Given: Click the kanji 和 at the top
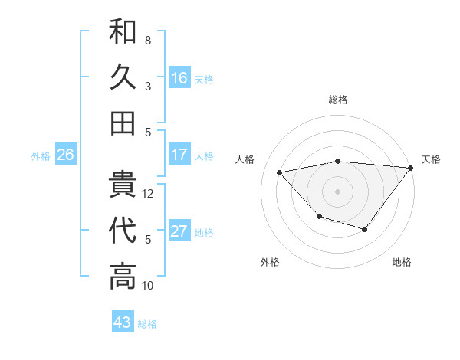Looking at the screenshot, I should (123, 32).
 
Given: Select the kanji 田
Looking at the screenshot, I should (123, 123).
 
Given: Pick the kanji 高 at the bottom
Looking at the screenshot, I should (123, 277).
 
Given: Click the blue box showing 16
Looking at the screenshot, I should (179, 78).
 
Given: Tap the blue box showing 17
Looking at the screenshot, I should (179, 155).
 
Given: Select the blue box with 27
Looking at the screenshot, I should (179, 231).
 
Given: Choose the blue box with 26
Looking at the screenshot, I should (65, 155).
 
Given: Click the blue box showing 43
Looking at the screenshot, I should (123, 322).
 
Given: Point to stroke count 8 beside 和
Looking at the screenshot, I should (148, 40).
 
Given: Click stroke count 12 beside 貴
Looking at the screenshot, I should (149, 194).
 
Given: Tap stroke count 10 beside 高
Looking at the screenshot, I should (149, 286).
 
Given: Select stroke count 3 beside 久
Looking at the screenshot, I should (148, 86).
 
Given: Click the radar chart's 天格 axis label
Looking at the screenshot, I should (431, 159).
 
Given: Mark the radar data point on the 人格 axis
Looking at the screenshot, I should (280, 172).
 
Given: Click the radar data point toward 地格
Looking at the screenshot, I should (365, 229).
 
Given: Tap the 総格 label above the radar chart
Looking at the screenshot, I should (338, 100).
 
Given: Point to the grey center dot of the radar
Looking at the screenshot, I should (338, 191).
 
